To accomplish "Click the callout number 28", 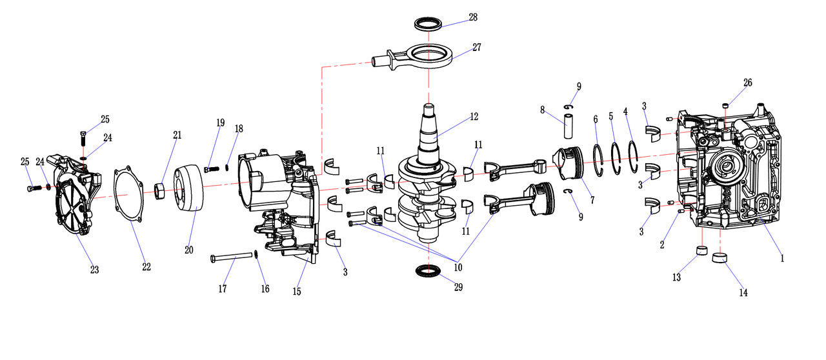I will [474, 17].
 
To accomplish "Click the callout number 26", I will [747, 83].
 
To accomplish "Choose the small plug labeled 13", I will [700, 251].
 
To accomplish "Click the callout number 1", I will [782, 258].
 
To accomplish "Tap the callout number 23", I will [94, 270].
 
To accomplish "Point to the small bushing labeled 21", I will [162, 192].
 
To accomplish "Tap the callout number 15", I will [297, 292].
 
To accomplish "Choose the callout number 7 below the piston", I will [592, 201].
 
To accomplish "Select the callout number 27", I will [477, 47].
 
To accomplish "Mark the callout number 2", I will [661, 245].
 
